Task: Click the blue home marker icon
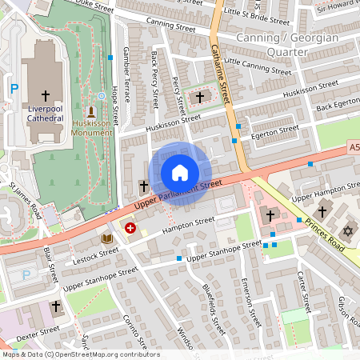click(180, 173)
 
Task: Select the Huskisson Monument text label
click(91, 128)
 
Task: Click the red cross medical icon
click(130, 229)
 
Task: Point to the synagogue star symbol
click(347, 231)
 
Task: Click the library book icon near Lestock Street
click(107, 238)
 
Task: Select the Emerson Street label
click(250, 302)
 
